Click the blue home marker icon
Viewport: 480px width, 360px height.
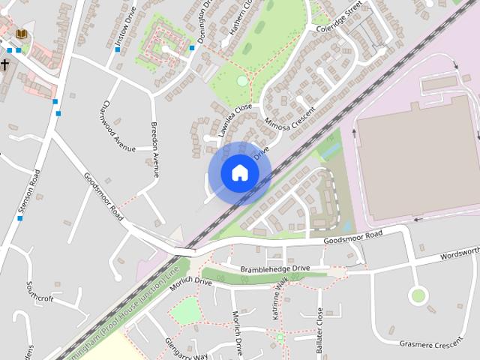pyautogui.click(x=239, y=172)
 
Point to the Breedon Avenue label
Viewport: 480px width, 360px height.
pyautogui.click(x=155, y=148)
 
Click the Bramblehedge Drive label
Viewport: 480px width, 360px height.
pyautogui.click(x=274, y=268)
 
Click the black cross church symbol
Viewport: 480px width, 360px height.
pyautogui.click(x=4, y=65)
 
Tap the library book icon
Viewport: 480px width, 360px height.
pyautogui.click(x=21, y=34)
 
